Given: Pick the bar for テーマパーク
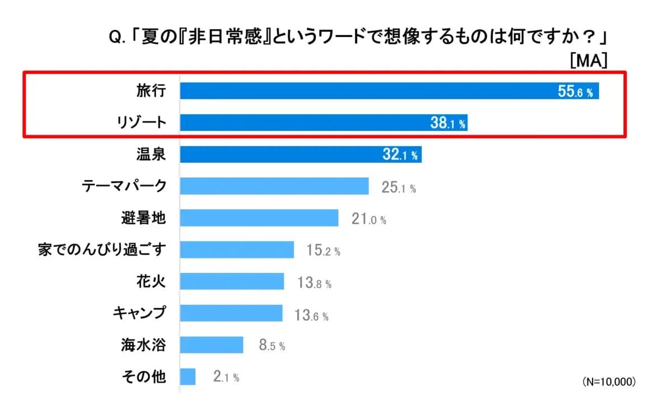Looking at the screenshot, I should (274, 186).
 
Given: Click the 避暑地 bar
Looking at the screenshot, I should (259, 218).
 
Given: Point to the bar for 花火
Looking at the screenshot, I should (232, 281).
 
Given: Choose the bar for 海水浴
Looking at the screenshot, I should (212, 345).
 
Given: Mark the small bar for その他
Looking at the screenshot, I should (188, 377).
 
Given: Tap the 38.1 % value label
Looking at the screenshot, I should (447, 124).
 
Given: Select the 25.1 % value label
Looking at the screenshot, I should (398, 187).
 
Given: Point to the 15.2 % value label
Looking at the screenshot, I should (323, 251).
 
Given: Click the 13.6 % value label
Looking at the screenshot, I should (311, 314).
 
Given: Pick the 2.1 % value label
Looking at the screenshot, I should (226, 378).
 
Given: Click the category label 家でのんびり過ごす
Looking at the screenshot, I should (102, 249).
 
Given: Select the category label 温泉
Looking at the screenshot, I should (151, 154).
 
